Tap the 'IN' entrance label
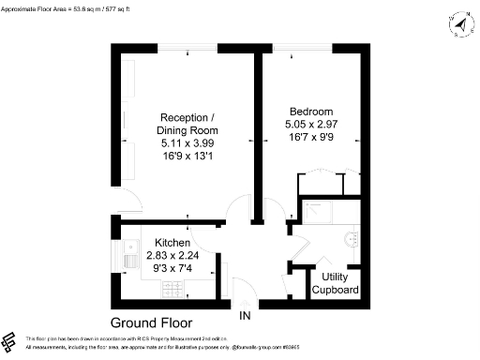246,316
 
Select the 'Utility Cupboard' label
339,284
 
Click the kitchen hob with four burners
173,288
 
